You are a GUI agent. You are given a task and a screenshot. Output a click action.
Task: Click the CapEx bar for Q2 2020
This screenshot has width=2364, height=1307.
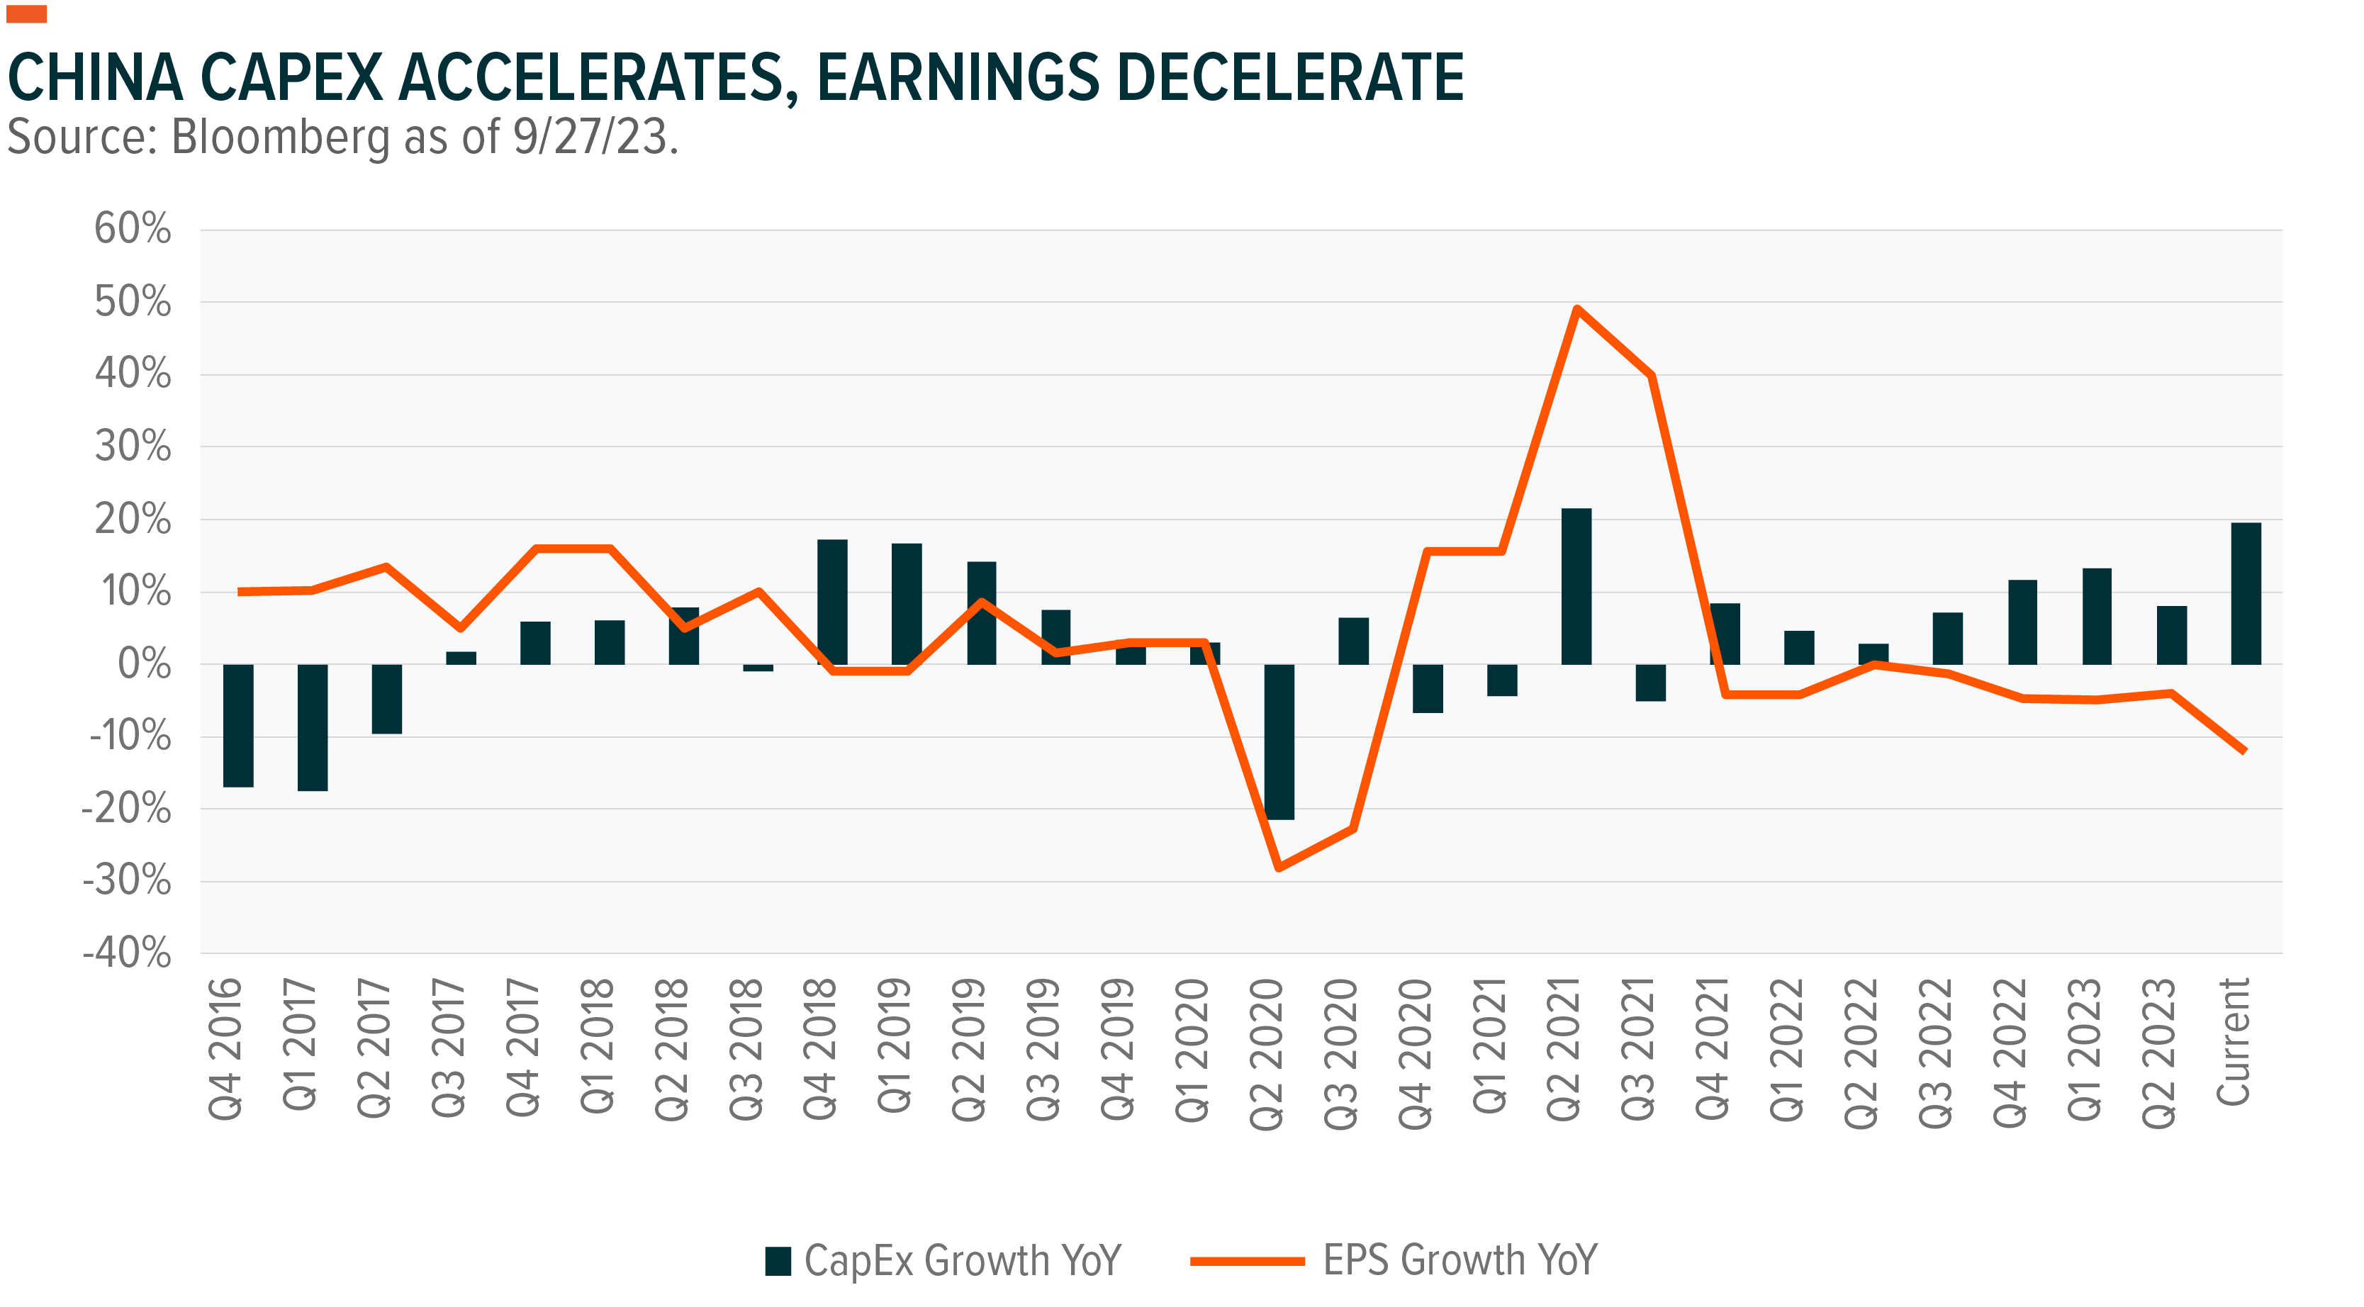click(x=1279, y=741)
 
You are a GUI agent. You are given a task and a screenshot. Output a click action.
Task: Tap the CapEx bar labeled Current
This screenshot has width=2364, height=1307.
click(x=2246, y=593)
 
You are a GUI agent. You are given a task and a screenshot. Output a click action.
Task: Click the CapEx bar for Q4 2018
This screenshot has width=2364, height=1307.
click(x=832, y=601)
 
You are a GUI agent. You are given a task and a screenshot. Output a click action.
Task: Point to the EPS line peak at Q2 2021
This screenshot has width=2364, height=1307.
click(x=1576, y=309)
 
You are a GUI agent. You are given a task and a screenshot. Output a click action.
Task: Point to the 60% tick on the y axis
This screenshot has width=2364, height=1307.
click(x=133, y=230)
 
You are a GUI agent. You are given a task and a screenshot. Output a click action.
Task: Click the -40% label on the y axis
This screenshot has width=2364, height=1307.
click(x=128, y=953)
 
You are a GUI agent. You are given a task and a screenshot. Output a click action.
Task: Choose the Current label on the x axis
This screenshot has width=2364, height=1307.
click(x=2233, y=1042)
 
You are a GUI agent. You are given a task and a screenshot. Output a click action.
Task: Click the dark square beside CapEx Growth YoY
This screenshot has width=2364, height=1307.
click(x=778, y=1261)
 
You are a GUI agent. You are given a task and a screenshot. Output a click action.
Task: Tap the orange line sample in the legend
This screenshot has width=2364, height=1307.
click(x=1247, y=1261)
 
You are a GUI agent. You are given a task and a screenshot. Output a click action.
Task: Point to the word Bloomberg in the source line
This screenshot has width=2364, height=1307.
click(x=281, y=138)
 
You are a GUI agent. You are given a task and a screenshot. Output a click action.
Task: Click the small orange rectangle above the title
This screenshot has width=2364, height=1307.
click(x=27, y=13)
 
